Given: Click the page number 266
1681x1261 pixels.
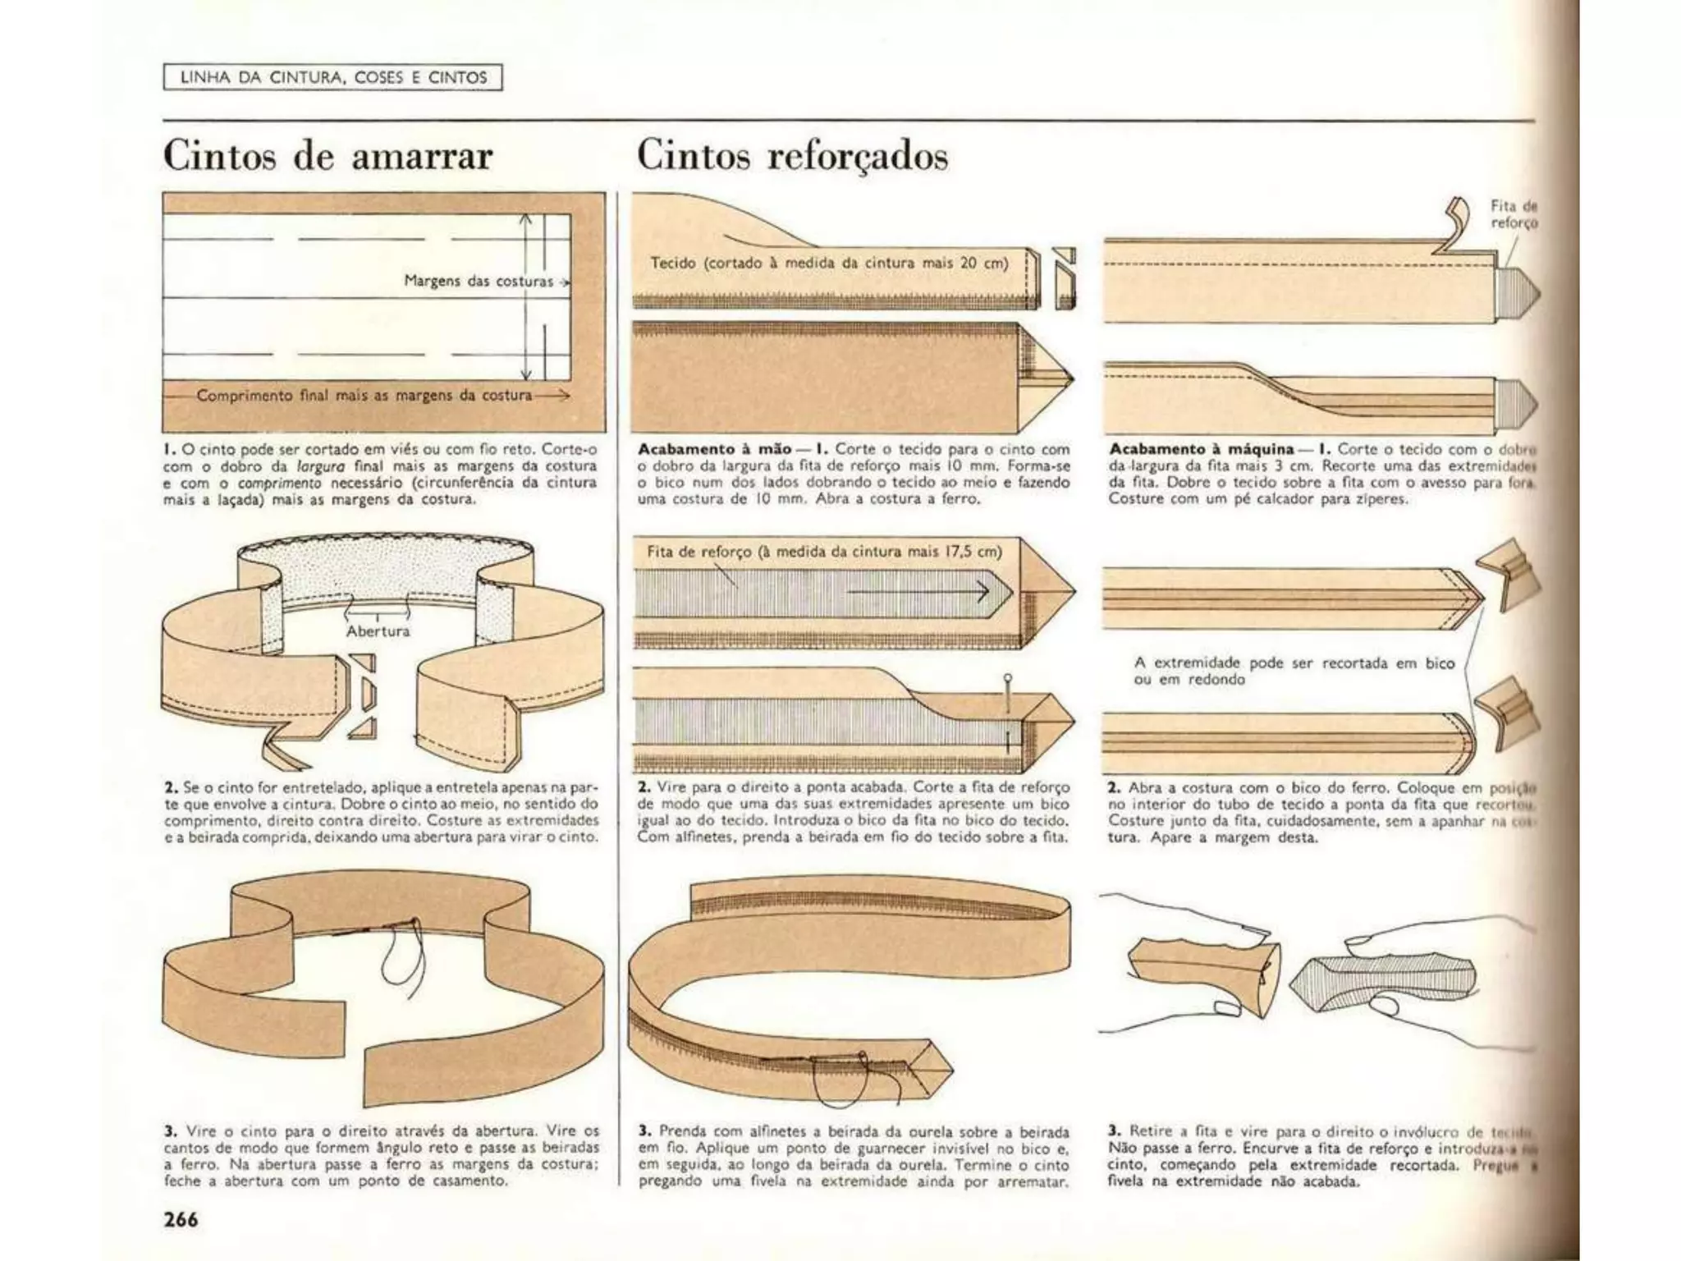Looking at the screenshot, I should pos(181,1220).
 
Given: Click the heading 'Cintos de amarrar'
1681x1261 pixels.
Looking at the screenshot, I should pos(327,155).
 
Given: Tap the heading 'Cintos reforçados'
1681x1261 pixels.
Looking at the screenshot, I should pos(792,155).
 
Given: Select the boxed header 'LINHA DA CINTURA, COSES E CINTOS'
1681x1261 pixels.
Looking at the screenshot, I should pos(332,78).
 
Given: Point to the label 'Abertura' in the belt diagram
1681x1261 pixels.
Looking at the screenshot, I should pos(377,631).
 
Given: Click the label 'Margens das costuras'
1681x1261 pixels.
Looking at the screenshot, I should pos(479,281).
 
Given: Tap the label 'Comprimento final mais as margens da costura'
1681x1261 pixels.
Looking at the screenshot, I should pos(364,396).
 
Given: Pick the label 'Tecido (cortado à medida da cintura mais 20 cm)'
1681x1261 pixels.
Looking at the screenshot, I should pos(829,264).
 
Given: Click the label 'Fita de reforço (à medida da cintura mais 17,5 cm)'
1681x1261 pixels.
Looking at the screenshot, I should pos(824,552).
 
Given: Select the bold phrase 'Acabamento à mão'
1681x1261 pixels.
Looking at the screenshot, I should pos(714,449).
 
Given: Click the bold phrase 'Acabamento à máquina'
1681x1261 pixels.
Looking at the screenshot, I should pos(1201,449).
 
